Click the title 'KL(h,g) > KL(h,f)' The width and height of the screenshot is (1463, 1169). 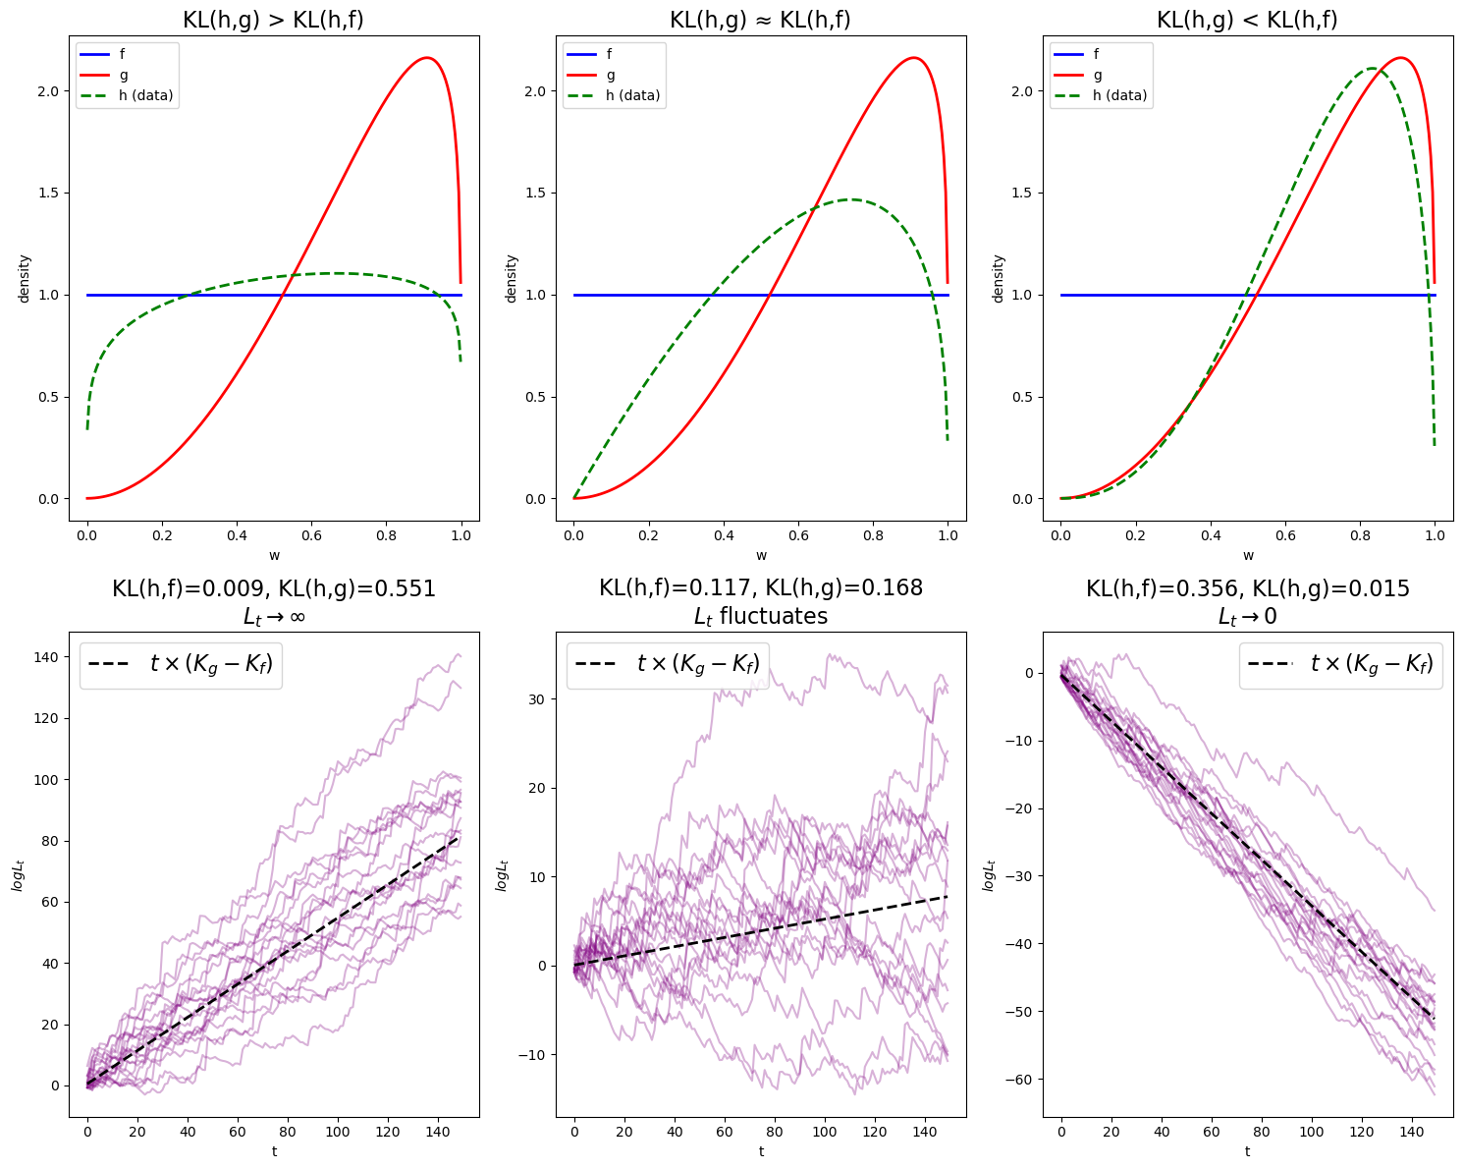pyautogui.click(x=273, y=20)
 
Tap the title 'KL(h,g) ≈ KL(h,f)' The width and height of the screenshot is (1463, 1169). pyautogui.click(x=760, y=20)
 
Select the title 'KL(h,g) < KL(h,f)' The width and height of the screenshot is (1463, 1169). pyautogui.click(x=1247, y=20)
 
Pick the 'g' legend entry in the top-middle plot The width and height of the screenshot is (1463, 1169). pyautogui.click(x=611, y=75)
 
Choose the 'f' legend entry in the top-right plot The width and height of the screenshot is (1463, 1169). pyautogui.click(x=1098, y=54)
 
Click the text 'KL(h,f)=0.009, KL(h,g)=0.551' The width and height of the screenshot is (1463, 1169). pyautogui.click(x=273, y=588)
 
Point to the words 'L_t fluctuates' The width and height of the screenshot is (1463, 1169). pyautogui.click(x=760, y=616)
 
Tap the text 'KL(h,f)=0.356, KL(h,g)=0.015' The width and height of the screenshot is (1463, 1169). pyautogui.click(x=1247, y=588)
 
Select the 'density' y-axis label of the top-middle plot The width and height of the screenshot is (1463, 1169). pyautogui.click(x=511, y=278)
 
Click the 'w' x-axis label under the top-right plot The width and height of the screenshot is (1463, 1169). pyautogui.click(x=1248, y=556)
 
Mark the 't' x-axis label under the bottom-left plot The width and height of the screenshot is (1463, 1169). pyautogui.click(x=274, y=1151)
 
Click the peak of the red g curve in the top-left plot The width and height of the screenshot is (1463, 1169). pyautogui.click(x=427, y=58)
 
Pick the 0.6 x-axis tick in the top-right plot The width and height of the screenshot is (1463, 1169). pyautogui.click(x=1285, y=536)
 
